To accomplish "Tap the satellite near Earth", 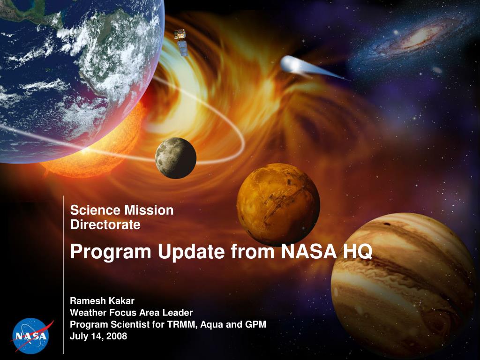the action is pos(181,42).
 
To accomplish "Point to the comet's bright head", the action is pos(290,64).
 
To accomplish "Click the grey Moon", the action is pos(176,158).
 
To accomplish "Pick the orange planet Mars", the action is pos(278,204).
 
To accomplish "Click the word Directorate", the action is pos(105,225).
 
